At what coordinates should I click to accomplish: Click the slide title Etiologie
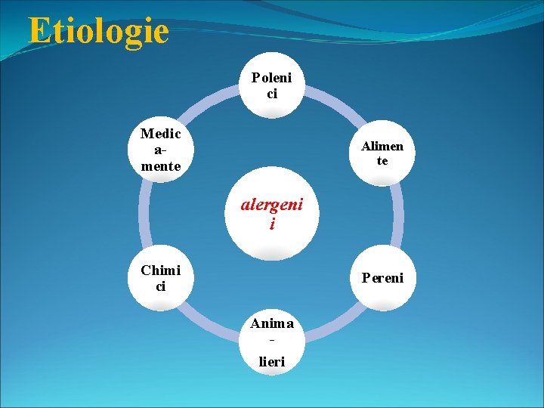click(98, 31)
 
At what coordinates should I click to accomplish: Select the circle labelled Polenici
click(272, 85)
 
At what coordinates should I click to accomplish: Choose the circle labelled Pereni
click(382, 278)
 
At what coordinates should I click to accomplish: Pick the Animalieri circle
click(272, 342)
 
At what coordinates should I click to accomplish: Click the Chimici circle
click(160, 278)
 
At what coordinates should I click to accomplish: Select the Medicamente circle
click(160, 150)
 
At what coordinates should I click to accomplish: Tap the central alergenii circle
click(272, 215)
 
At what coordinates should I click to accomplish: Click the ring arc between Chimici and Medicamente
click(145, 215)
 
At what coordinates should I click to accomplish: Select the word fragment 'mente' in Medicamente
click(160, 166)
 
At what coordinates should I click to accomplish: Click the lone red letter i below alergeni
click(272, 225)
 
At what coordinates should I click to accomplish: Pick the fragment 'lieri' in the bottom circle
click(272, 362)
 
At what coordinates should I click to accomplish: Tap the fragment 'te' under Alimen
click(382, 161)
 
